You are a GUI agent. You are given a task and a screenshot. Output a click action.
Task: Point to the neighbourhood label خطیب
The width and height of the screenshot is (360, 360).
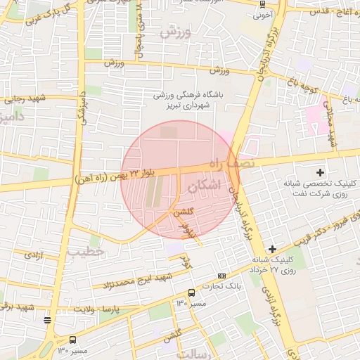(x=86, y=250)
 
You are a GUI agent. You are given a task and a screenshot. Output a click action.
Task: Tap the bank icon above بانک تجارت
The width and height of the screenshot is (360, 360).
(x=222, y=276)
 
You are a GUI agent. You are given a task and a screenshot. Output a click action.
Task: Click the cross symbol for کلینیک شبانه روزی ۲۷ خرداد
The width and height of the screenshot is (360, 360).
(x=272, y=249)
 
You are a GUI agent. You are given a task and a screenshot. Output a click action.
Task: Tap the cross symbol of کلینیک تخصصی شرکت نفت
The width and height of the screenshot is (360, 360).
(x=321, y=172)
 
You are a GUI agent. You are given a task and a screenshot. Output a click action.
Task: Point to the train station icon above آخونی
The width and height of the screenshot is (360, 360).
(x=262, y=4)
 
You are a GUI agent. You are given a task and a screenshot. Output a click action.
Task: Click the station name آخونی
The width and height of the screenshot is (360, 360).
(x=262, y=13)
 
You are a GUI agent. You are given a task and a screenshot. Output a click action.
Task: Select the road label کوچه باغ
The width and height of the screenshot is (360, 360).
(x=300, y=83)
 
